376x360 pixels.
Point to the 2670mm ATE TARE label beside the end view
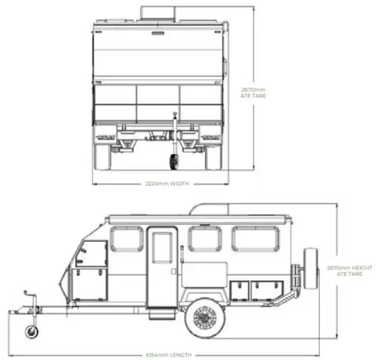[254, 92]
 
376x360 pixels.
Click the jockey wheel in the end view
[174, 162]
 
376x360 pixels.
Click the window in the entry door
[163, 247]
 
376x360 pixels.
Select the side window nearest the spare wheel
[256, 239]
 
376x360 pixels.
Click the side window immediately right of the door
[204, 239]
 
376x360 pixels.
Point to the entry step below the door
[161, 314]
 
